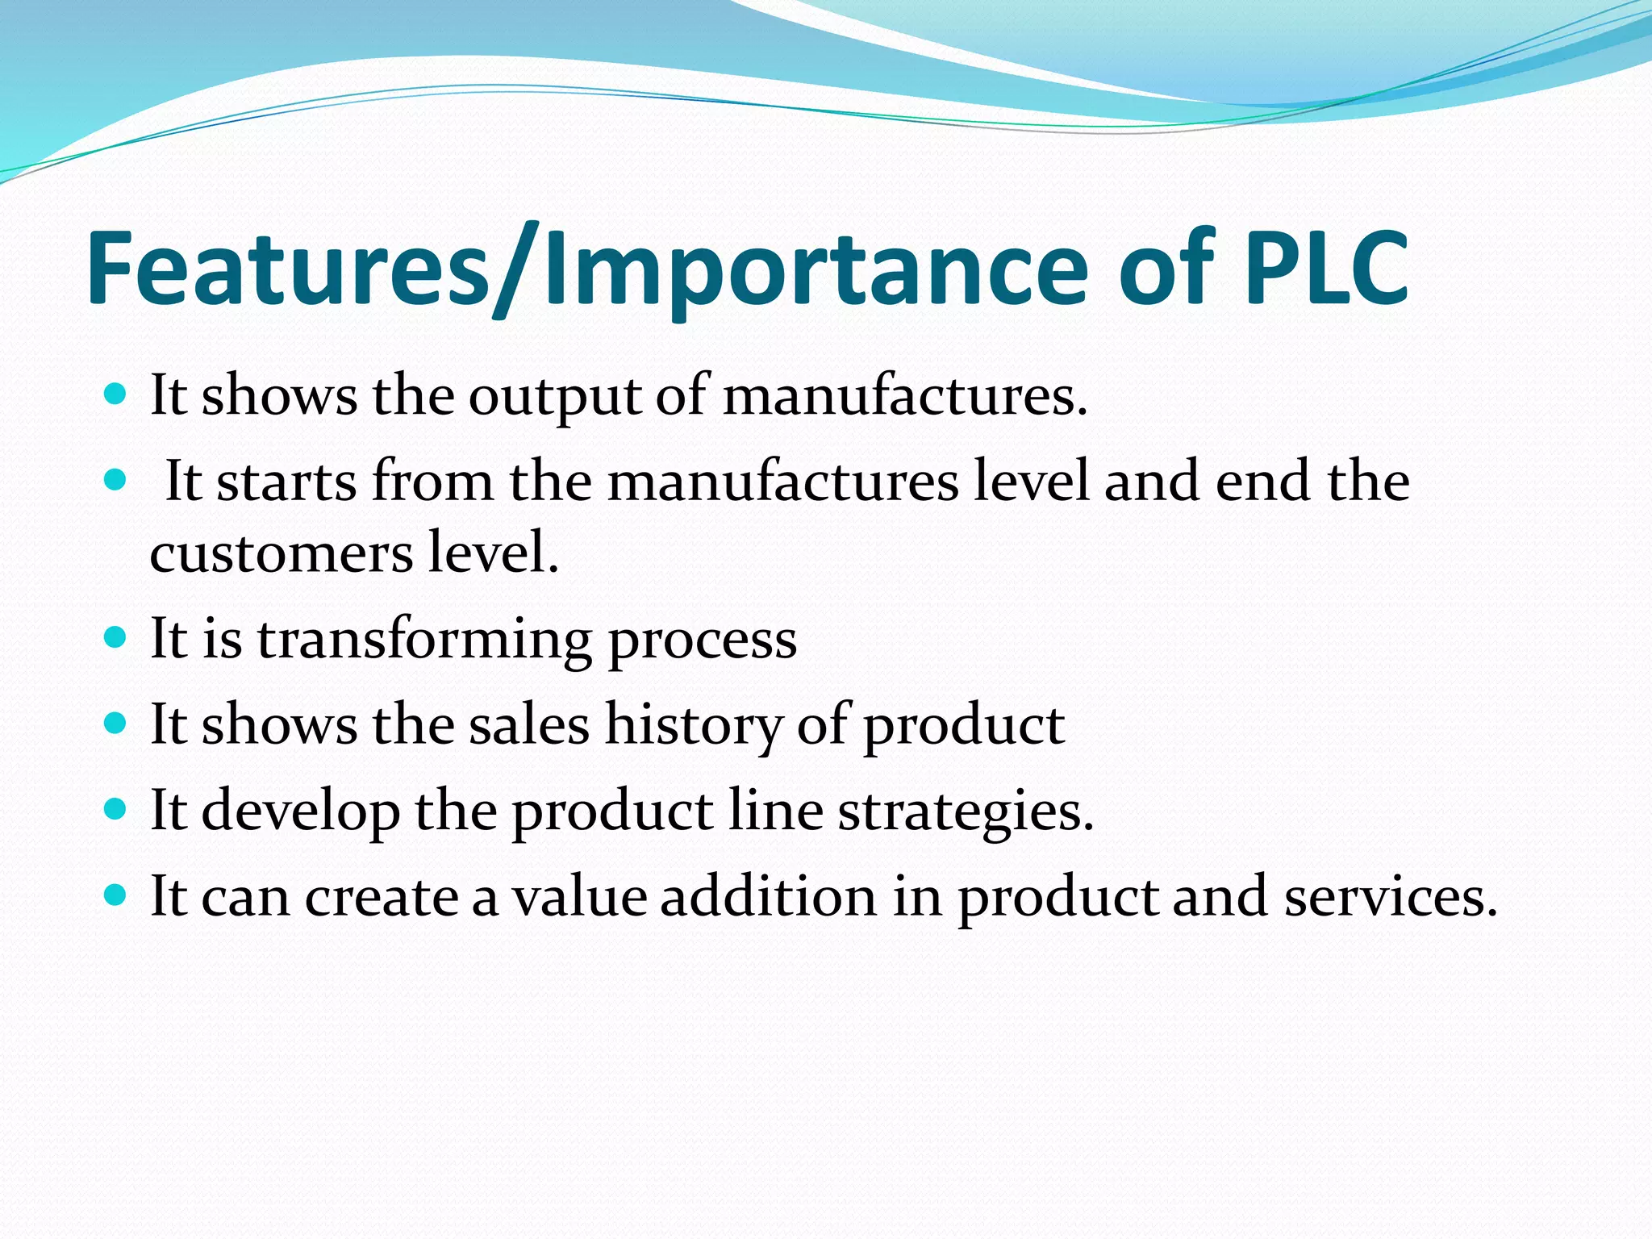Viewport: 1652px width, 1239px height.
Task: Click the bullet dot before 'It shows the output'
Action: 116,394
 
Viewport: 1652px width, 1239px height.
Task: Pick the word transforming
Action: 424,639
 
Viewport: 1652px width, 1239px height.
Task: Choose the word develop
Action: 300,811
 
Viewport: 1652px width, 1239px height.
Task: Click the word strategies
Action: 966,811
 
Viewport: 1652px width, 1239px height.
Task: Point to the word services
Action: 1391,896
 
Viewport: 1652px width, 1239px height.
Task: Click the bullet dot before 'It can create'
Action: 116,895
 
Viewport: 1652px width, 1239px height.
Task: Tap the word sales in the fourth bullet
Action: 529,724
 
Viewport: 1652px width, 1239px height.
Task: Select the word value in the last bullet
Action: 580,896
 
